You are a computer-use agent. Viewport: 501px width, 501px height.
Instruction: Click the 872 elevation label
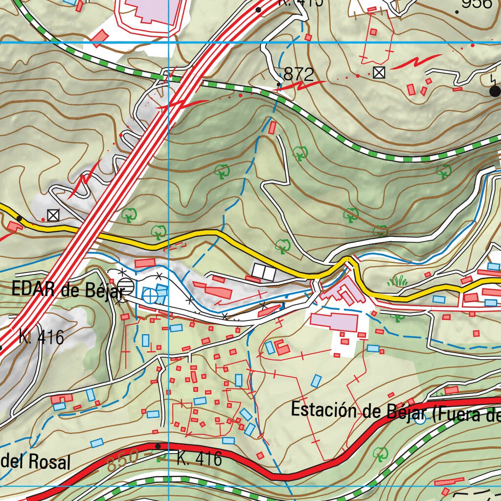298,74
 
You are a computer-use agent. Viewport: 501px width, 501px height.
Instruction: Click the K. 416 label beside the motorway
42,337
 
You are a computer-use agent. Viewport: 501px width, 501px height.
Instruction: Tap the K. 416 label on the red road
199,458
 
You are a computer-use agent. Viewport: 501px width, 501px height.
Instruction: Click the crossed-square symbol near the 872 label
378,72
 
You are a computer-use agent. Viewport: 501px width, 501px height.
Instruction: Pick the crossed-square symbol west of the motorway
53,214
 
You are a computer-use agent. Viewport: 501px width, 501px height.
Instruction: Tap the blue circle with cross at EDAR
151,295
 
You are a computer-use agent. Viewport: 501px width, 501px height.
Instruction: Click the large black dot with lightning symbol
495,91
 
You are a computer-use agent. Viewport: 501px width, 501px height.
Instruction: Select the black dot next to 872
279,85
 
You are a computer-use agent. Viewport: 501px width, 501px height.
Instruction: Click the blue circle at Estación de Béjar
419,419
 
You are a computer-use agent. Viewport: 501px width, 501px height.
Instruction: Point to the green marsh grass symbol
398,281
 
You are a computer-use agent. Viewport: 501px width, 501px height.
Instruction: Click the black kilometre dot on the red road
158,446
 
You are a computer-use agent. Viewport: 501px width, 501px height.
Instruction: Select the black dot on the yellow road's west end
19,218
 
